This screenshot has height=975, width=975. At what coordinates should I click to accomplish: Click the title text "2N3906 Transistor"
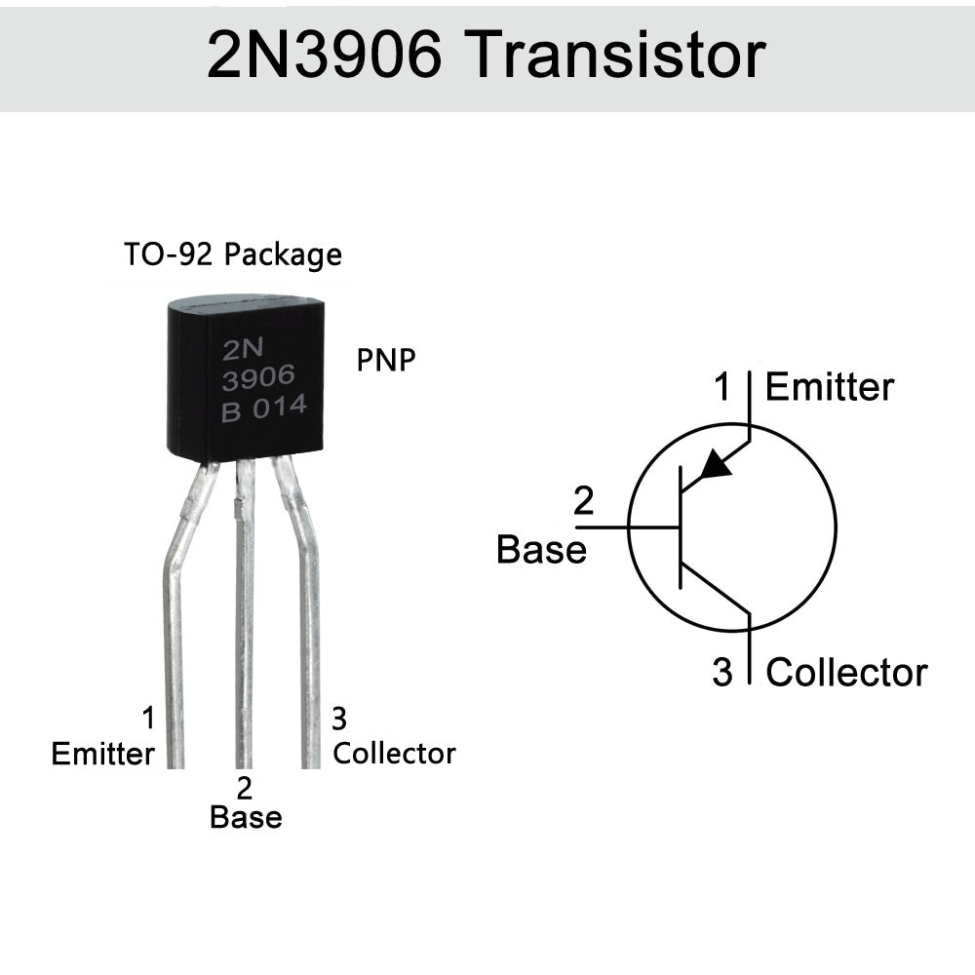click(x=486, y=56)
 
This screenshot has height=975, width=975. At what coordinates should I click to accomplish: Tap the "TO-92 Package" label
click(x=233, y=254)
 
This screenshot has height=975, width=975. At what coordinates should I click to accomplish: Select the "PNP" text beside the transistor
click(x=386, y=360)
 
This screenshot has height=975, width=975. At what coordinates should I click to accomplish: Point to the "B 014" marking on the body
click(x=264, y=408)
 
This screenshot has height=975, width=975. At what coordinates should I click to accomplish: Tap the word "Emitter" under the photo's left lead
click(x=102, y=754)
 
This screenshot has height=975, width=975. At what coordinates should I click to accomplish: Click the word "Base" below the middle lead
click(x=246, y=817)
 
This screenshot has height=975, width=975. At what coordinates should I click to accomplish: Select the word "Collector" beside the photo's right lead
click(x=394, y=753)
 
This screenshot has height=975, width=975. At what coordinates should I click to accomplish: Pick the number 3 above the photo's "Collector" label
click(x=339, y=720)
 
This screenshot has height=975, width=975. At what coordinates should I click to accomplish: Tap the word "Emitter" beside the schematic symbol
click(x=829, y=387)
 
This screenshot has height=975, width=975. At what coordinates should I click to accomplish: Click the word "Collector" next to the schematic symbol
click(x=846, y=672)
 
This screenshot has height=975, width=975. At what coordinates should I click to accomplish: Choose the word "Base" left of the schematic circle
click(x=541, y=549)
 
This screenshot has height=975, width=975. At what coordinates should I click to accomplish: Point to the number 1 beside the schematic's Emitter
click(x=721, y=388)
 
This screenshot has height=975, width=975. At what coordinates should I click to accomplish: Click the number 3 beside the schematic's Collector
click(x=721, y=673)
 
